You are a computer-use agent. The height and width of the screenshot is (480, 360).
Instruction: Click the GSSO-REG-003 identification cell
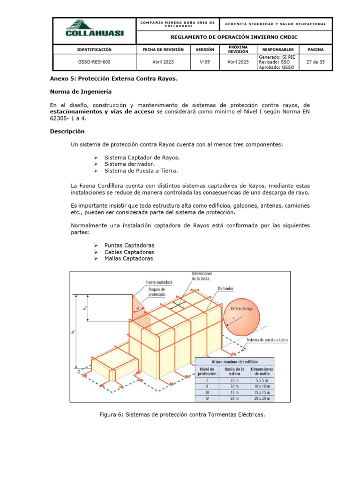[94, 61]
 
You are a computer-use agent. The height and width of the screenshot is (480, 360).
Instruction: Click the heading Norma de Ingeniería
[81, 91]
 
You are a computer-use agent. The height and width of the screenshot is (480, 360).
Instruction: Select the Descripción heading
[67, 131]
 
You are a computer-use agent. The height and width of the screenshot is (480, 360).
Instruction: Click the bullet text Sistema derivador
[129, 164]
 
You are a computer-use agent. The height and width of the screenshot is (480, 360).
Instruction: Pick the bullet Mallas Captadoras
[128, 258]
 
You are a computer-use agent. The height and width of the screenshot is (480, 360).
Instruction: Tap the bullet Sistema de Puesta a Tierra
[141, 171]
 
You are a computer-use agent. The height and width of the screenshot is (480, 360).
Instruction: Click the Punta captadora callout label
[159, 282]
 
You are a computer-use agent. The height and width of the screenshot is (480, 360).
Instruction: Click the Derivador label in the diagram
[225, 288]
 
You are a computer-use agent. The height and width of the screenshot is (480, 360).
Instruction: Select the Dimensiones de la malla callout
[202, 276]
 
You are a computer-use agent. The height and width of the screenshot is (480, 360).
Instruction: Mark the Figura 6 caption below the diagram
[182, 414]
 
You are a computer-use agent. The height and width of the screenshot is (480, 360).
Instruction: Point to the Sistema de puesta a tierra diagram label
[267, 339]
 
